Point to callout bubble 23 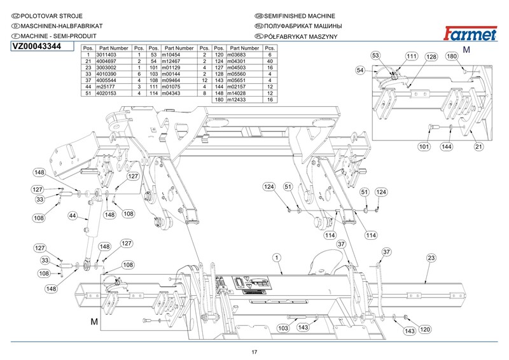pyautogui.click(x=431, y=258)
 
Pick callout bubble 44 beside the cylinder pyautogui.click(x=73, y=216)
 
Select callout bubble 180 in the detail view pyautogui.click(x=452, y=57)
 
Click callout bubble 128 pyautogui.click(x=431, y=57)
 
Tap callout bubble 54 pyautogui.click(x=361, y=71)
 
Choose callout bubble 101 pyautogui.click(x=424, y=147)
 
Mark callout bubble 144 pyautogui.click(x=448, y=147)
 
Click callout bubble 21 pyautogui.click(x=478, y=147)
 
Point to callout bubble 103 pyautogui.click(x=284, y=328)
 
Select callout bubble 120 pyautogui.click(x=424, y=329)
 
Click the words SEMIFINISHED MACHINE pyautogui.click(x=299, y=15)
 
